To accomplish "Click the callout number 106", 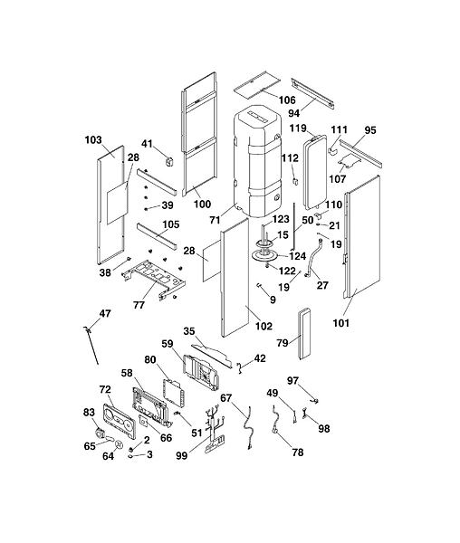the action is [x=287, y=100].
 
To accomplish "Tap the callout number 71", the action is [x=216, y=220].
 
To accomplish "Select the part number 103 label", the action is [x=93, y=140].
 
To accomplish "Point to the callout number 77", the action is [x=139, y=305].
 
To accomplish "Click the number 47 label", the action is [x=105, y=313].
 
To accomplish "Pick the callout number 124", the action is [x=298, y=256].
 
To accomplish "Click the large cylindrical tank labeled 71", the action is [x=257, y=160].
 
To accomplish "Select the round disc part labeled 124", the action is [x=264, y=256].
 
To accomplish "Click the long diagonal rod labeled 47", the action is [x=91, y=345].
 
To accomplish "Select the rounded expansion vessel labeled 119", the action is [x=315, y=172].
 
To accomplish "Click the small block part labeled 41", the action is [x=168, y=161].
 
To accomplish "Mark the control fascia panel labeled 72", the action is [x=119, y=422].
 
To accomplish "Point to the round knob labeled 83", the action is [x=100, y=433].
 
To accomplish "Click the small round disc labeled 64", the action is [x=119, y=443].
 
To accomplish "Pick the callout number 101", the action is [x=341, y=323].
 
